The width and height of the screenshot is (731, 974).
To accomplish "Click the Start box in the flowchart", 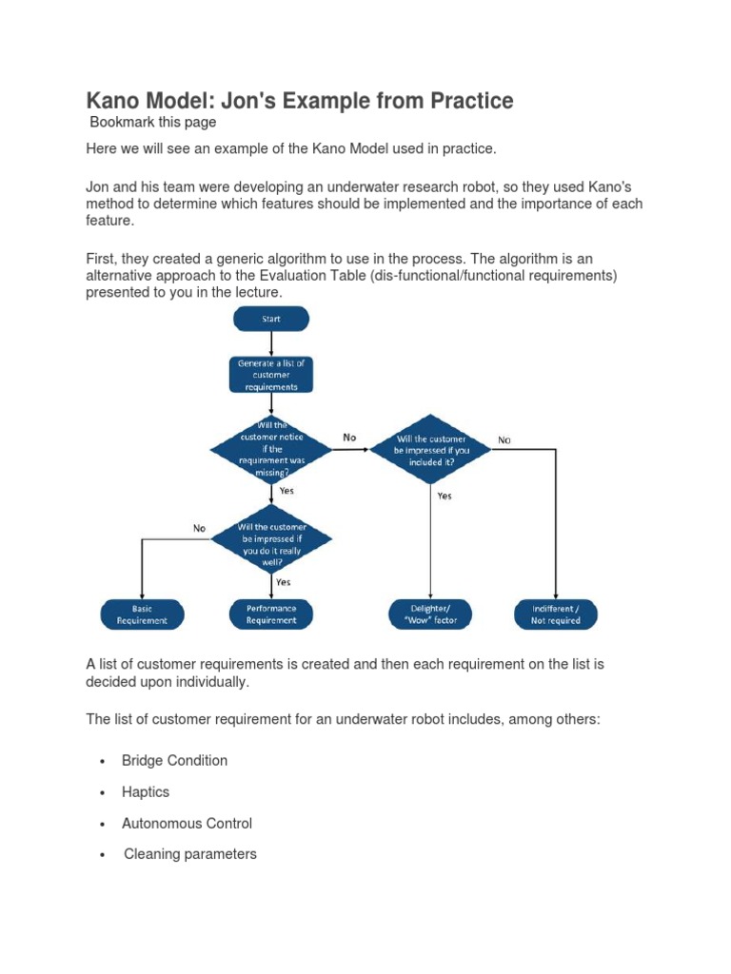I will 271,319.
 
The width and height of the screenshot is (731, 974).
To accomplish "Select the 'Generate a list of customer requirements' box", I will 271,374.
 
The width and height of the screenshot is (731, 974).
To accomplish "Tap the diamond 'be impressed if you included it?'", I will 430,449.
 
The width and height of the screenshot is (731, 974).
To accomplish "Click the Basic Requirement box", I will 141,614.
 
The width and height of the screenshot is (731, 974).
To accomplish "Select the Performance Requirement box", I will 271,614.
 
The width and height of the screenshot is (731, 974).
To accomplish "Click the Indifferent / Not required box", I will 555,614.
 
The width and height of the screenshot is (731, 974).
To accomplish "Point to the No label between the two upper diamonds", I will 349,438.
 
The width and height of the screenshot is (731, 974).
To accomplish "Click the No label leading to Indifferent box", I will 504,440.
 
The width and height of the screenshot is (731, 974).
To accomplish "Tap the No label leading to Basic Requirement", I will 199,528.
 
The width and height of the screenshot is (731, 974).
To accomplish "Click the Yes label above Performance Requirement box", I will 284,582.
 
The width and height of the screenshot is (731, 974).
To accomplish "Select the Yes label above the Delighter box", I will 445,496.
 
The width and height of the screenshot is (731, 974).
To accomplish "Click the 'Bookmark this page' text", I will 152,122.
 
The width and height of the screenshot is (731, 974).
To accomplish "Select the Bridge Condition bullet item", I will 174,760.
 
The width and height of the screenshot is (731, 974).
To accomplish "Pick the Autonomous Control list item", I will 187,823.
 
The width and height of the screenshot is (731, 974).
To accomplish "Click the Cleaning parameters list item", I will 190,854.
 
